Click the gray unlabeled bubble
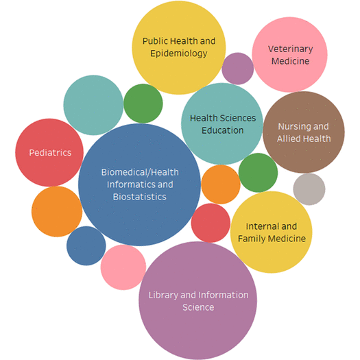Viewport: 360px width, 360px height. [x=309, y=189]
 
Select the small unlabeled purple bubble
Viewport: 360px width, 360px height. [x=238, y=69]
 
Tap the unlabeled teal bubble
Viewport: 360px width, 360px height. [x=93, y=105]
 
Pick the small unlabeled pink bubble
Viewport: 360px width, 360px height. [x=123, y=267]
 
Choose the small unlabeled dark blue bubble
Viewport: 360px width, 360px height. [x=86, y=245]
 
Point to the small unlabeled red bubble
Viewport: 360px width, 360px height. [x=211, y=223]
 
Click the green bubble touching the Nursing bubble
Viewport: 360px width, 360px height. [x=258, y=172]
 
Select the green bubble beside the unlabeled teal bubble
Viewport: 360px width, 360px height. [x=143, y=104]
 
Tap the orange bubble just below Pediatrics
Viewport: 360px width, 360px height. [x=57, y=211]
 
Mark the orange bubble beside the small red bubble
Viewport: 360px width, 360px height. [x=221, y=184]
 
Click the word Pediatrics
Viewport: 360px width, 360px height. [x=50, y=153]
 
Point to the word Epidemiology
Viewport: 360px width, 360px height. [x=178, y=53]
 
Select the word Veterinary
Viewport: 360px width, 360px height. [x=291, y=49]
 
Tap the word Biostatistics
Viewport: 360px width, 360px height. [x=140, y=197]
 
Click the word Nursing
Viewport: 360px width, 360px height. [x=291, y=127]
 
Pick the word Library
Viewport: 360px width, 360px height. [x=163, y=296]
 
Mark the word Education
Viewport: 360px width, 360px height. [x=222, y=130]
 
